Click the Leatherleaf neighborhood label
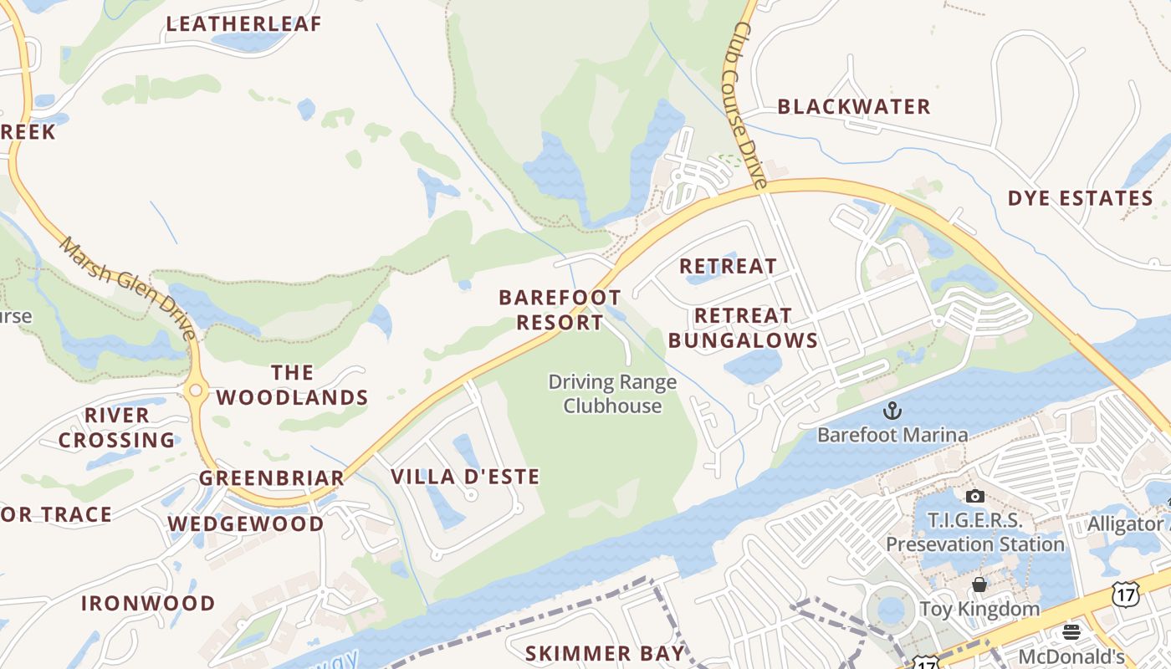[x=243, y=24]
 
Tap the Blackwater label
[x=854, y=107]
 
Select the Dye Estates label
[x=1081, y=199]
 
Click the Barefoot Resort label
[x=560, y=310]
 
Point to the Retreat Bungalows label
[x=743, y=328]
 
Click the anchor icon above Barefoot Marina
[x=892, y=411]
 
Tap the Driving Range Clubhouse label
[x=612, y=394]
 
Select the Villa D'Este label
[x=465, y=477]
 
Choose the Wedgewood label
[x=246, y=524]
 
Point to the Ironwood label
[x=148, y=604]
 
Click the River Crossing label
[x=117, y=427]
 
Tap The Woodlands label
[x=292, y=386]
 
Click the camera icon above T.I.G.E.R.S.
[x=974, y=497]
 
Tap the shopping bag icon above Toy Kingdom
[x=979, y=584]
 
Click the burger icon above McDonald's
[x=1071, y=632]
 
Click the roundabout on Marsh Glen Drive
[x=197, y=390]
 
